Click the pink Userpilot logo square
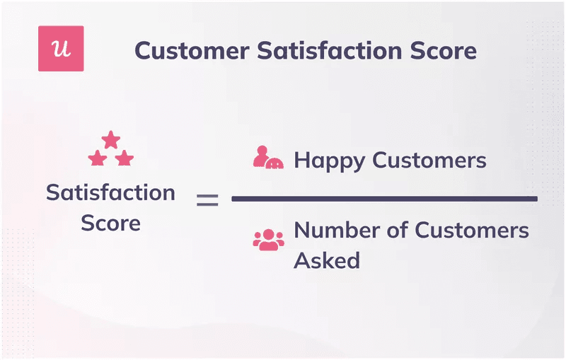[x=61, y=49]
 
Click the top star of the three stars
[x=111, y=139]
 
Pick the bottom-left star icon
[x=98, y=158]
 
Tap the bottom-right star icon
[x=125, y=158]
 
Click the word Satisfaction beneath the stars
[x=110, y=192]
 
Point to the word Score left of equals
[x=110, y=223]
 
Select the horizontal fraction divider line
[x=384, y=199]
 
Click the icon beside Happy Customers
[x=268, y=158]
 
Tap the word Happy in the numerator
[x=330, y=161]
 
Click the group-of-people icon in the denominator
[x=268, y=239]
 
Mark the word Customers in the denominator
[x=472, y=230]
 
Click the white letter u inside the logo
[x=61, y=49]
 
